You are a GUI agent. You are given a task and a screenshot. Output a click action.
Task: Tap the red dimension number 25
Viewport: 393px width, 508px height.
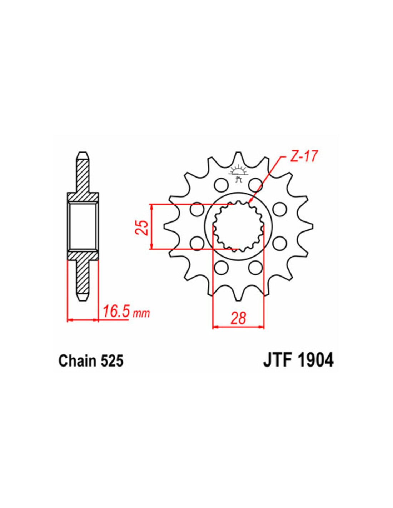coord(143,227)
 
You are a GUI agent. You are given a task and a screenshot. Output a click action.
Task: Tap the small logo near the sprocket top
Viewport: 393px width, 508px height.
coord(239,175)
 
